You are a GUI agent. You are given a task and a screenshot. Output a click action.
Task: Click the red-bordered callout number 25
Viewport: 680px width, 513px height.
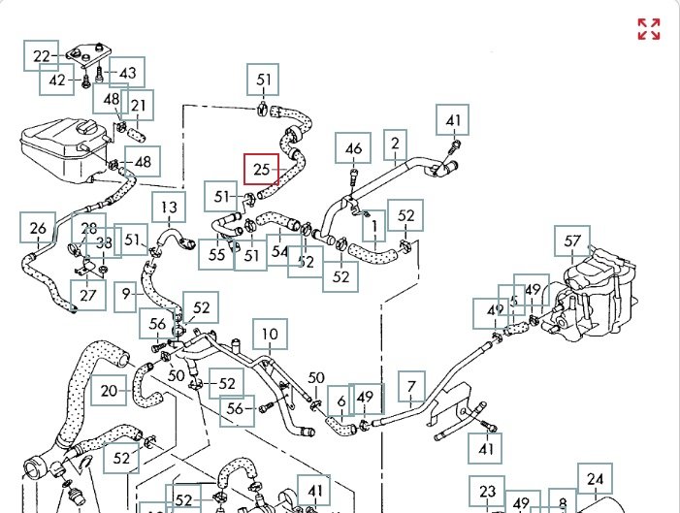pyautogui.click(x=261, y=170)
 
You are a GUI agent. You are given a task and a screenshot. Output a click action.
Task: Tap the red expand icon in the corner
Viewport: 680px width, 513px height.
pyautogui.click(x=649, y=29)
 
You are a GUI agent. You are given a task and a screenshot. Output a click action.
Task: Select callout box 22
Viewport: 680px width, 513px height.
pyautogui.click(x=42, y=56)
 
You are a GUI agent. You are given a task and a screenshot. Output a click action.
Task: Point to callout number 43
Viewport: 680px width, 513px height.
pyautogui.click(x=128, y=73)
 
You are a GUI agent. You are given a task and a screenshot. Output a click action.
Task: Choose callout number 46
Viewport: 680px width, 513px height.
pyautogui.click(x=354, y=149)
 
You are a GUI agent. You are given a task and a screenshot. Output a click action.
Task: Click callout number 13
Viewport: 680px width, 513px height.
pyautogui.click(x=170, y=208)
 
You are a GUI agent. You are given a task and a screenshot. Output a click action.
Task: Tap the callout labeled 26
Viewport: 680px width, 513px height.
pyautogui.click(x=38, y=229)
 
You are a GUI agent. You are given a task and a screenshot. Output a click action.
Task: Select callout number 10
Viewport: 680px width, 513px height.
pyautogui.click(x=270, y=336)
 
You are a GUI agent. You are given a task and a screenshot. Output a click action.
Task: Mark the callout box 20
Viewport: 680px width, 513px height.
pyautogui.click(x=109, y=391)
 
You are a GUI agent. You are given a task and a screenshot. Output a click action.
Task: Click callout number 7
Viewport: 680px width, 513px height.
pyautogui.click(x=411, y=388)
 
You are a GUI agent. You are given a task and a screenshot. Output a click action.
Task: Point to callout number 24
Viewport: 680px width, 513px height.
pyautogui.click(x=596, y=479)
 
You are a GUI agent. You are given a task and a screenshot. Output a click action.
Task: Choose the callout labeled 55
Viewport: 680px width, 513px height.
pyautogui.click(x=216, y=255)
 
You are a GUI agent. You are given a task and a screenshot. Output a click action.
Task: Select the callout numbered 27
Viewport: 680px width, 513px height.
pyautogui.click(x=89, y=295)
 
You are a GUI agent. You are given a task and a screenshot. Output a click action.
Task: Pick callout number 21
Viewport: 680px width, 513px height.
pyautogui.click(x=138, y=106)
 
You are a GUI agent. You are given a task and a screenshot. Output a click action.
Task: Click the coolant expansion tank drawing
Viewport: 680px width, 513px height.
pyautogui.click(x=63, y=150)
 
